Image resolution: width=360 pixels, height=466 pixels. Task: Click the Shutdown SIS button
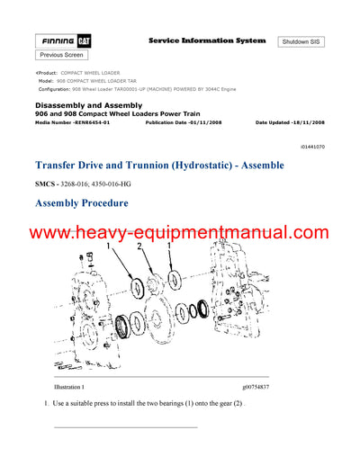pyautogui.click(x=305, y=42)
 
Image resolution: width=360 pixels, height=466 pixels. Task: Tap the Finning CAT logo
pyautogui.click(x=62, y=41)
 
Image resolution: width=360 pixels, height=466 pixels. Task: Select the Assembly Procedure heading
pyautogui.click(x=81, y=203)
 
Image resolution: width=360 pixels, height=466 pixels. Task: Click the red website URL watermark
pyautogui.click(x=180, y=232)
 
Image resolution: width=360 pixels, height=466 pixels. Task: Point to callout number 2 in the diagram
pyautogui.click(x=140, y=245)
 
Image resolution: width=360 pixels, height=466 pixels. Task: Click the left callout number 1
pyautogui.click(x=109, y=245)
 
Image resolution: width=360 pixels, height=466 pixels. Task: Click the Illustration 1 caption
pyautogui.click(x=74, y=387)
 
